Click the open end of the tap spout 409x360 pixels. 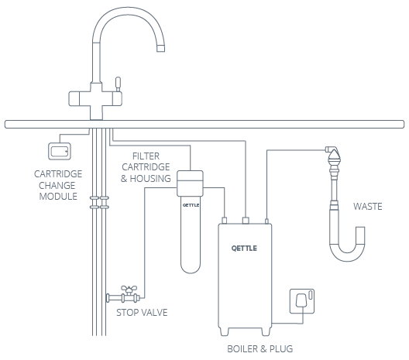(x=160, y=48)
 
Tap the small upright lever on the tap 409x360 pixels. (x=118, y=83)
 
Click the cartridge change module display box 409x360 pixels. (x=60, y=151)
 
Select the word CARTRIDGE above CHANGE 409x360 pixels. (x=58, y=174)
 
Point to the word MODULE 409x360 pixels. (x=58, y=197)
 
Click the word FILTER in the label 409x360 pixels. (x=146, y=156)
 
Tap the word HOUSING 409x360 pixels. (x=150, y=179)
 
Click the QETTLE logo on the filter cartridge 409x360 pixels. (x=191, y=205)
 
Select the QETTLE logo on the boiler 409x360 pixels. (x=244, y=249)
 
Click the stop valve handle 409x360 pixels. (x=129, y=289)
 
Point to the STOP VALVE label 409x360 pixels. (x=142, y=312)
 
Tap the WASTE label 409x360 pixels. (x=368, y=207)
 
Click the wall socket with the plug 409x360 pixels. (x=302, y=301)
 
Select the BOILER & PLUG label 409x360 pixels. (x=260, y=349)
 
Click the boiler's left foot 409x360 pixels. (x=225, y=331)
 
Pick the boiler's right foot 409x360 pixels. (x=266, y=331)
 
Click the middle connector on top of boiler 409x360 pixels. (x=246, y=221)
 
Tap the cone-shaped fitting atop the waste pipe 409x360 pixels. (x=334, y=156)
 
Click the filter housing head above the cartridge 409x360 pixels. (x=190, y=183)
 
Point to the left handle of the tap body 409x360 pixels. (x=74, y=99)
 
